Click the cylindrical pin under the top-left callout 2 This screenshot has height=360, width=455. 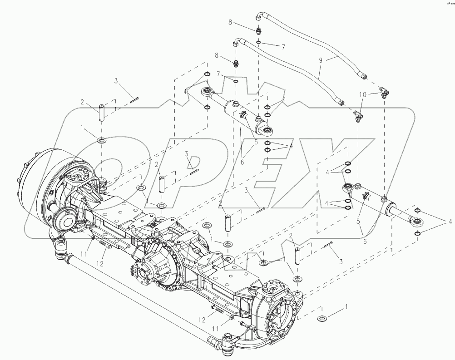click(x=102, y=112)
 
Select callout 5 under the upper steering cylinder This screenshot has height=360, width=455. click(x=256, y=142)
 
